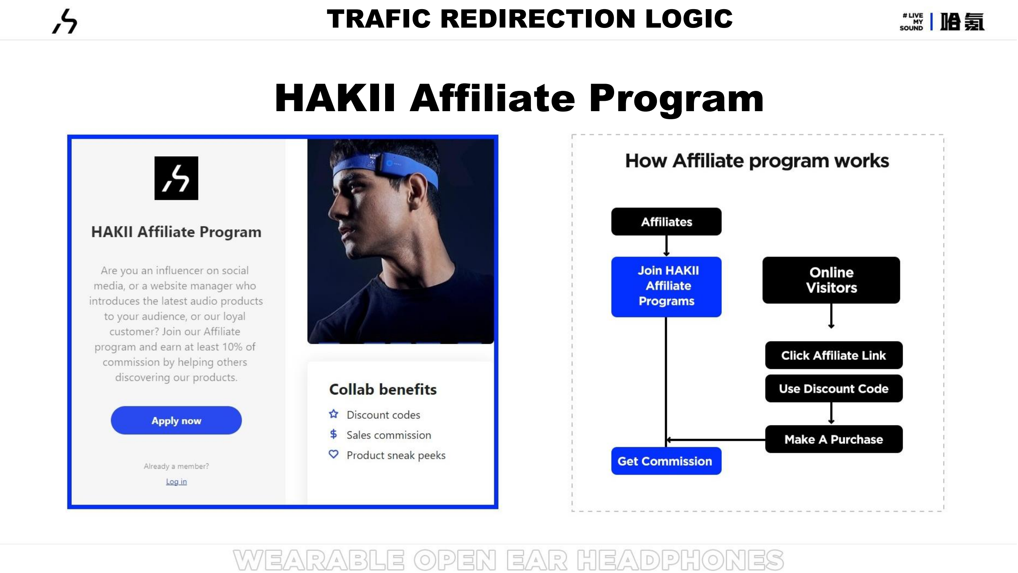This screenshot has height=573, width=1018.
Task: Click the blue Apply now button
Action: (176, 420)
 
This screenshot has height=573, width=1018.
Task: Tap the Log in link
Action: (176, 482)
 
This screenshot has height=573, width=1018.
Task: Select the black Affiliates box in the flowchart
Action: (667, 222)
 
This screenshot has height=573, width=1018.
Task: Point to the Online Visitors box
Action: (831, 280)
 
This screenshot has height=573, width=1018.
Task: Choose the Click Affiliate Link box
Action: (834, 355)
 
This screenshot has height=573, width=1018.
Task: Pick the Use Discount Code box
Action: (834, 388)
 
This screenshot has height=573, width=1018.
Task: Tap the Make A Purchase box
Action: (834, 439)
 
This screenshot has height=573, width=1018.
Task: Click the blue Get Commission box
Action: (667, 461)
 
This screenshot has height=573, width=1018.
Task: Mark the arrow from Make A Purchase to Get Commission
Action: (716, 440)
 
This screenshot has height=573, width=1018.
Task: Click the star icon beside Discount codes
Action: (334, 414)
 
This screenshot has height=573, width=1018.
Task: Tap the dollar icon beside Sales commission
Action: (334, 434)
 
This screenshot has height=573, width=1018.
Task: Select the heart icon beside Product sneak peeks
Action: (334, 454)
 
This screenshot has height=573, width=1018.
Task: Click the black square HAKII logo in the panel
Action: (176, 178)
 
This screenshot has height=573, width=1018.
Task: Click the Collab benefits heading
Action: (383, 390)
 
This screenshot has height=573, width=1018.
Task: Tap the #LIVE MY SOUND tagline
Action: (912, 21)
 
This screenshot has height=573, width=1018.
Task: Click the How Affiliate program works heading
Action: (757, 161)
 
